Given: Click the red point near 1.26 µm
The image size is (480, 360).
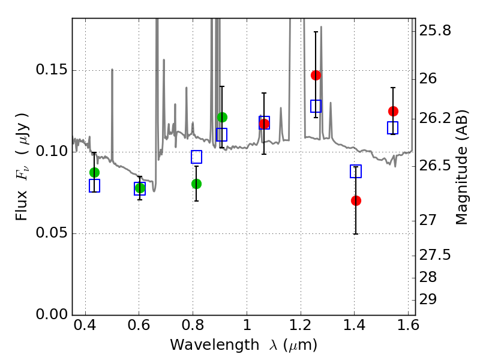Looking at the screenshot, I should (316, 75).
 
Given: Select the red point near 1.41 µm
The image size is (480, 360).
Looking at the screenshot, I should (356, 200).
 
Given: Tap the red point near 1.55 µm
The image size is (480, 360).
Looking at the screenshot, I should (393, 111).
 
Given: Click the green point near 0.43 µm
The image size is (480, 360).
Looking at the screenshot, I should (94, 172).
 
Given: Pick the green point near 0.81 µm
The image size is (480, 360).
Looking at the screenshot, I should (196, 184).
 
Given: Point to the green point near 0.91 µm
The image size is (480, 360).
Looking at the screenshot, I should (222, 117).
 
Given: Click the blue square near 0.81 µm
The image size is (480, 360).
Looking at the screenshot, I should (196, 157).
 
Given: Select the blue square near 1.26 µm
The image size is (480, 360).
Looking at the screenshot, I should (316, 106).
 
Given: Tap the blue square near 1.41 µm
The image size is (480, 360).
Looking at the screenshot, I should (356, 172).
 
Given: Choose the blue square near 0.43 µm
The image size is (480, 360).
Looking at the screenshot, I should (94, 186).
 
